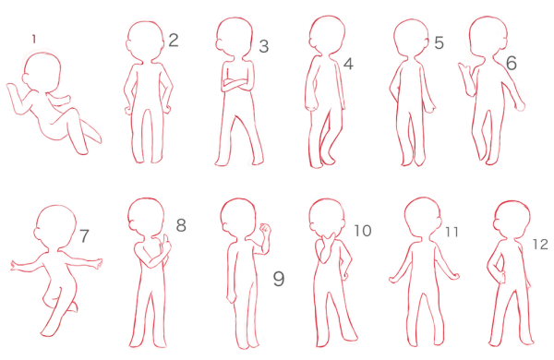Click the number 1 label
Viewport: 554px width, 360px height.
click(34, 39)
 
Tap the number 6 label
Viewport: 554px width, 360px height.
click(512, 64)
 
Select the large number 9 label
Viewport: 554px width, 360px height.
click(279, 279)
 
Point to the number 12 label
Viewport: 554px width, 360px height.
click(540, 245)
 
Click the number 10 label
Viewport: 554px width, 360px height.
click(363, 231)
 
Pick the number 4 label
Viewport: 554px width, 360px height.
click(348, 64)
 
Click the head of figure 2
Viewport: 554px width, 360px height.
click(145, 41)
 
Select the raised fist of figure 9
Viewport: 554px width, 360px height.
click(265, 230)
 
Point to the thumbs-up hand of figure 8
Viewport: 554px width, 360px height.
click(165, 244)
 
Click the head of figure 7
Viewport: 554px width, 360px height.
click(55, 226)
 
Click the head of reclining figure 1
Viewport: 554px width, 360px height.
click(42, 72)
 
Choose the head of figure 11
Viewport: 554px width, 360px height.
click(423, 217)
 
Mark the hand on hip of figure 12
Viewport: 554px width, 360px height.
click(501, 277)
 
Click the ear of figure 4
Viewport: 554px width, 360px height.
click(312, 42)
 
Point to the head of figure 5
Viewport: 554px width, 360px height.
click(411, 38)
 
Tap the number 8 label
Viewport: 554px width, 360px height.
click(181, 225)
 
